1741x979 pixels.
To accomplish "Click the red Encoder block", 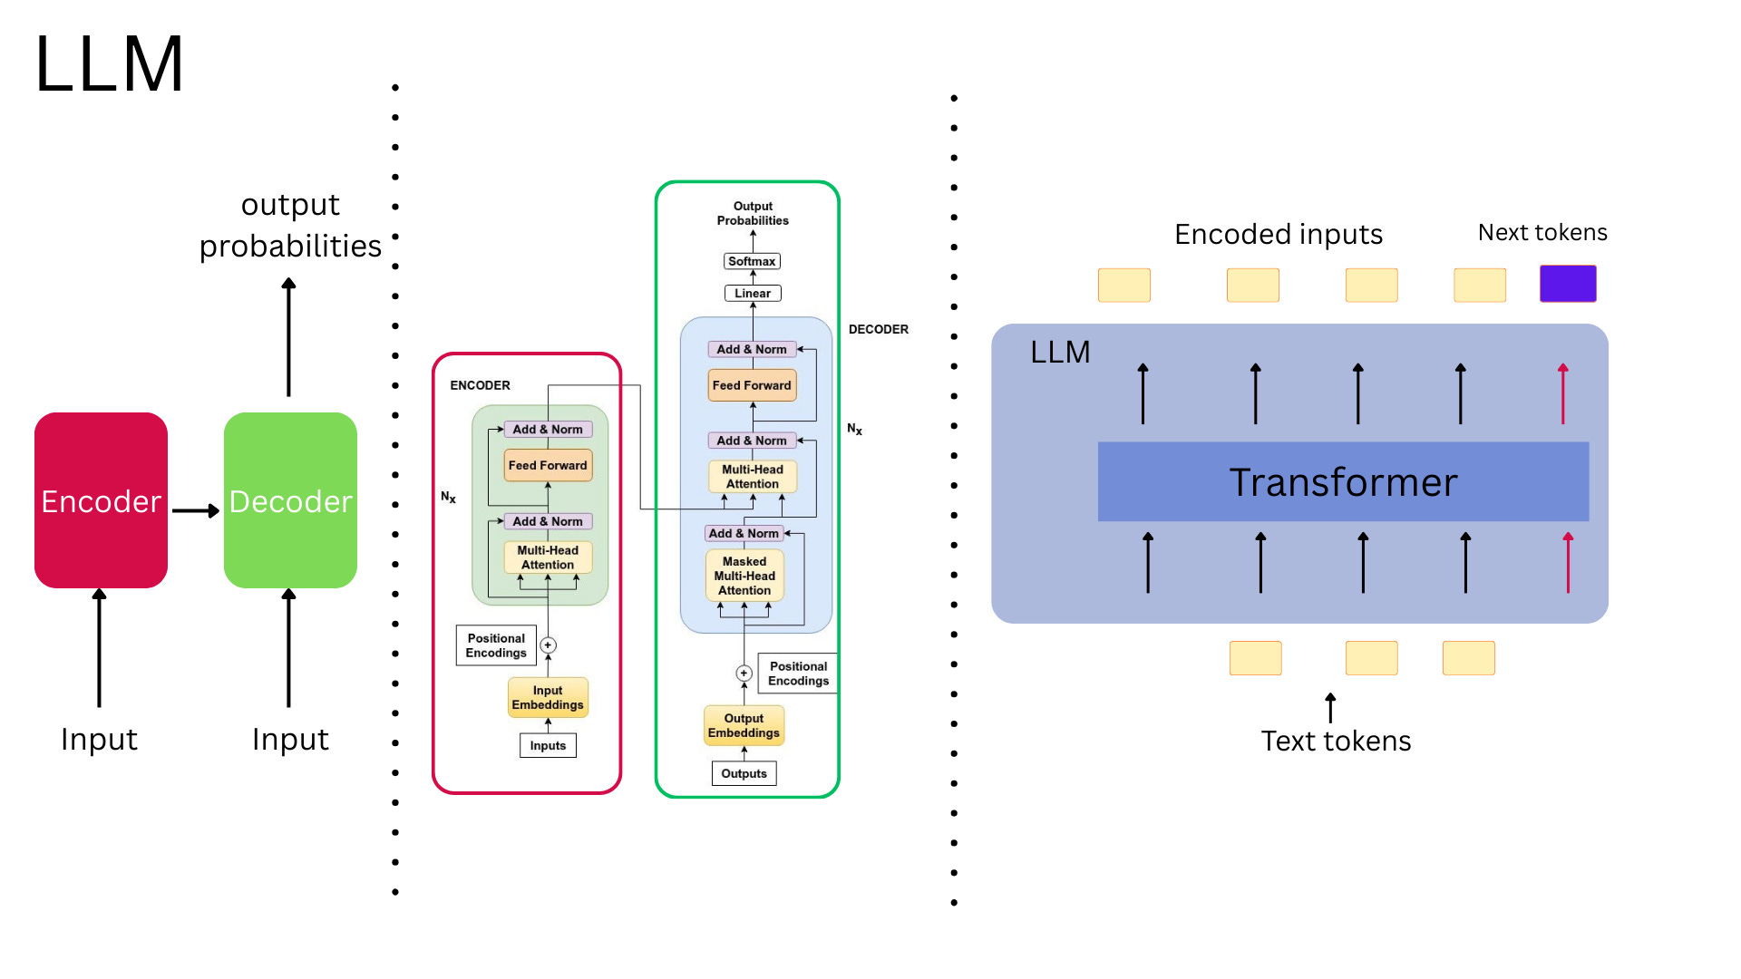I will [x=101, y=500].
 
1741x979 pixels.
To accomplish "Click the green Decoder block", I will [x=290, y=500].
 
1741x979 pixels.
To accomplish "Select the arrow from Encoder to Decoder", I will [x=195, y=511].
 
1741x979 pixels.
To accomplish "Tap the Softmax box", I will [x=752, y=261].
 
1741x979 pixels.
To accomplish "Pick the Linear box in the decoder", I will [x=753, y=294].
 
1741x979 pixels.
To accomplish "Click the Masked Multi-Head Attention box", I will [x=744, y=577].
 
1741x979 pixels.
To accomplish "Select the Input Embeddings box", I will [x=548, y=698].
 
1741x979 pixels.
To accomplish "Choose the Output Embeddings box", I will [x=744, y=726].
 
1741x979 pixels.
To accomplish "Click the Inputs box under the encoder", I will [x=548, y=746].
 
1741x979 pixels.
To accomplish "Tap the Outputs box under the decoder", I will [x=744, y=774].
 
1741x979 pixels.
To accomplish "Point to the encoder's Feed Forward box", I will [x=548, y=466].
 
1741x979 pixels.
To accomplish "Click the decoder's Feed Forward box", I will [x=752, y=385].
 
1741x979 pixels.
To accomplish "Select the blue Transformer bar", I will [x=1343, y=481].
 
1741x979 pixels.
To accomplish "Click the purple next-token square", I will [x=1568, y=284].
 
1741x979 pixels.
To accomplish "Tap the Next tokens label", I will [x=1542, y=233].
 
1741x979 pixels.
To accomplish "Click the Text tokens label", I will [x=1336, y=742].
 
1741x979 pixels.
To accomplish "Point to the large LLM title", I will [x=110, y=64].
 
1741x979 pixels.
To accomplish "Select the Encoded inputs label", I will [x=1279, y=235].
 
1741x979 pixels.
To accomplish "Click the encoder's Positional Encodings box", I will [x=496, y=645].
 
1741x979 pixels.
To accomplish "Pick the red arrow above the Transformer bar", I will [x=1563, y=393].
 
